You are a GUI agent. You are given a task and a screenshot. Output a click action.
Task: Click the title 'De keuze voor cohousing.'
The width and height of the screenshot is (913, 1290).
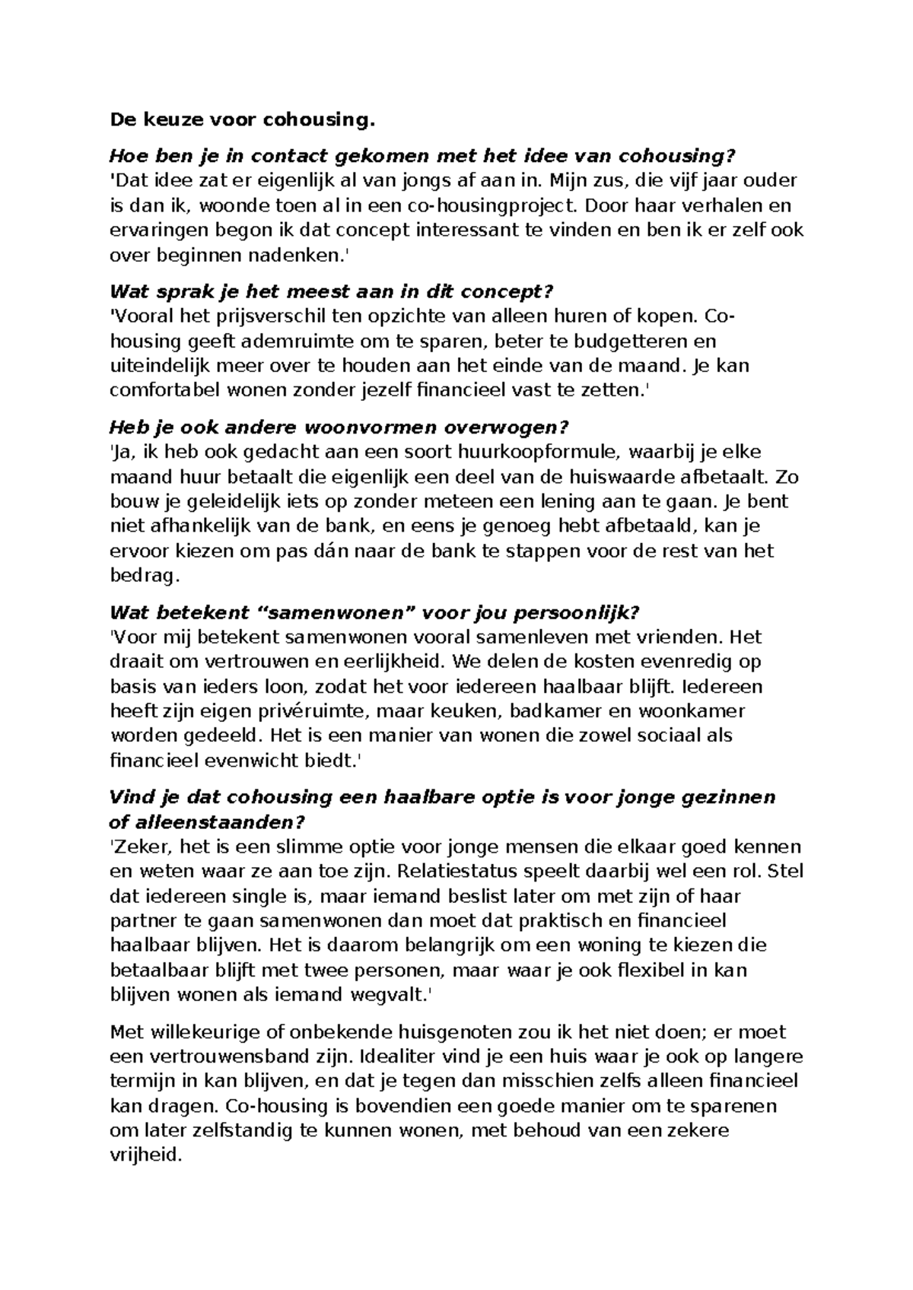pos(243,120)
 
